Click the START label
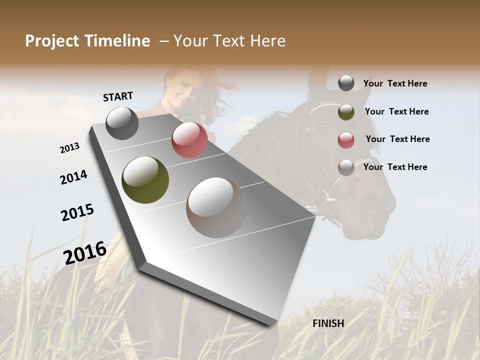click(x=118, y=96)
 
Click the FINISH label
click(x=328, y=323)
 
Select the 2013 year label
click(x=69, y=148)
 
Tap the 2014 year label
click(x=73, y=177)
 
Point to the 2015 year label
click(x=77, y=212)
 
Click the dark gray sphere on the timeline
click(x=122, y=123)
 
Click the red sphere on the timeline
click(x=189, y=140)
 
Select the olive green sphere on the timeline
click(x=145, y=180)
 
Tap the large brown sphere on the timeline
click(x=216, y=207)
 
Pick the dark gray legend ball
click(x=346, y=83)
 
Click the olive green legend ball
click(x=346, y=112)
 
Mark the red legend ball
click(x=346, y=140)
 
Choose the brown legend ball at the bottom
click(x=346, y=167)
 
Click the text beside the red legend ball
click(x=397, y=139)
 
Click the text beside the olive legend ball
click(x=396, y=111)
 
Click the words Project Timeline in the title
click(x=87, y=41)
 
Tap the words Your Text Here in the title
click(x=229, y=41)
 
